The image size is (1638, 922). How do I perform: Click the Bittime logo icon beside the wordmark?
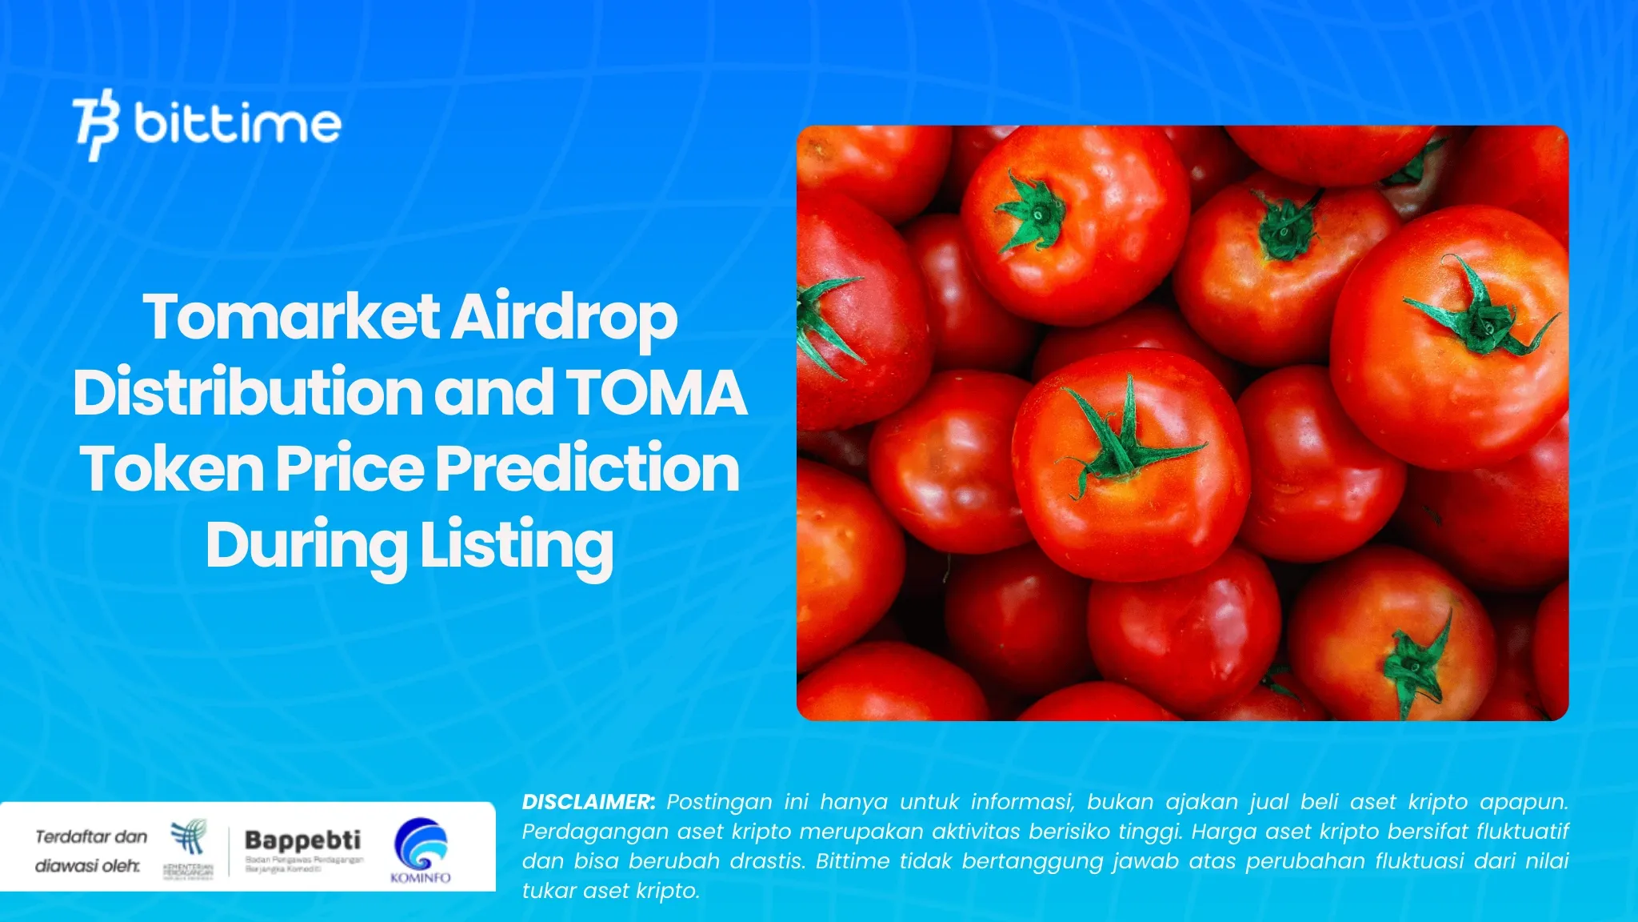(x=96, y=125)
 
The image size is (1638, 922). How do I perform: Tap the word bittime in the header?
(x=238, y=123)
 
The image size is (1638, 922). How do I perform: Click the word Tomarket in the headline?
(x=291, y=317)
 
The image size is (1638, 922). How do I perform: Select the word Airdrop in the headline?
(x=565, y=319)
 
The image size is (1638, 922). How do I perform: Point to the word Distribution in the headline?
(x=248, y=392)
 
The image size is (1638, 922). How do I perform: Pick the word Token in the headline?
(x=172, y=468)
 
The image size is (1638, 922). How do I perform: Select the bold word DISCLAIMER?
(x=588, y=802)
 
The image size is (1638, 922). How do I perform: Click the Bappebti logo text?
(x=302, y=840)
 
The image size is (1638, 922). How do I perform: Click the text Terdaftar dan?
(x=91, y=836)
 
